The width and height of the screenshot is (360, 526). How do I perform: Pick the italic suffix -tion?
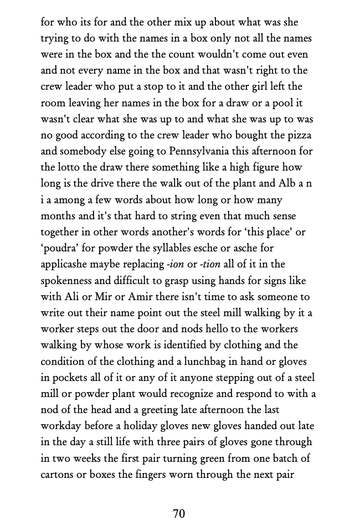point(210,264)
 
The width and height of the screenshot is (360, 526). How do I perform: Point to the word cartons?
point(59,475)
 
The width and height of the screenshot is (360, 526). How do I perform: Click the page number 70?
point(179,514)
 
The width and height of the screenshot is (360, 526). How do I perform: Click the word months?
point(59,216)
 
